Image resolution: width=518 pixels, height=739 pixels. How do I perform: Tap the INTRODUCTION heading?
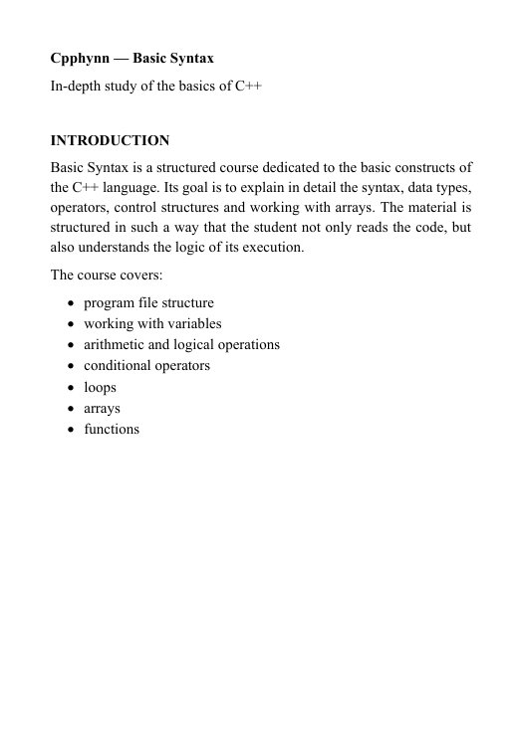click(x=110, y=140)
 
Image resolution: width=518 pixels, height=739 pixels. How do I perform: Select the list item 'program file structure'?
click(x=148, y=302)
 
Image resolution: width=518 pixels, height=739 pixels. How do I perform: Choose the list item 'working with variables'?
click(x=152, y=323)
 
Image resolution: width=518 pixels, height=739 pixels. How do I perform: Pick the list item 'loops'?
click(x=100, y=387)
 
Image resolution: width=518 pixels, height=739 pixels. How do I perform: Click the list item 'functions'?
click(x=112, y=429)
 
